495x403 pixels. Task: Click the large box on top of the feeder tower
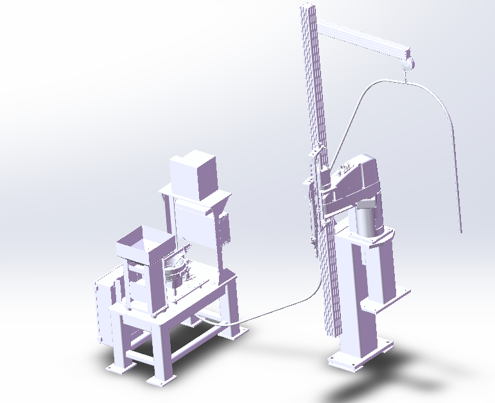(x=195, y=174)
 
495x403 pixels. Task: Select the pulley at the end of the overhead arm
(x=407, y=62)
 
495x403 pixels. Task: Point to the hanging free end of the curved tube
(x=460, y=227)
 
